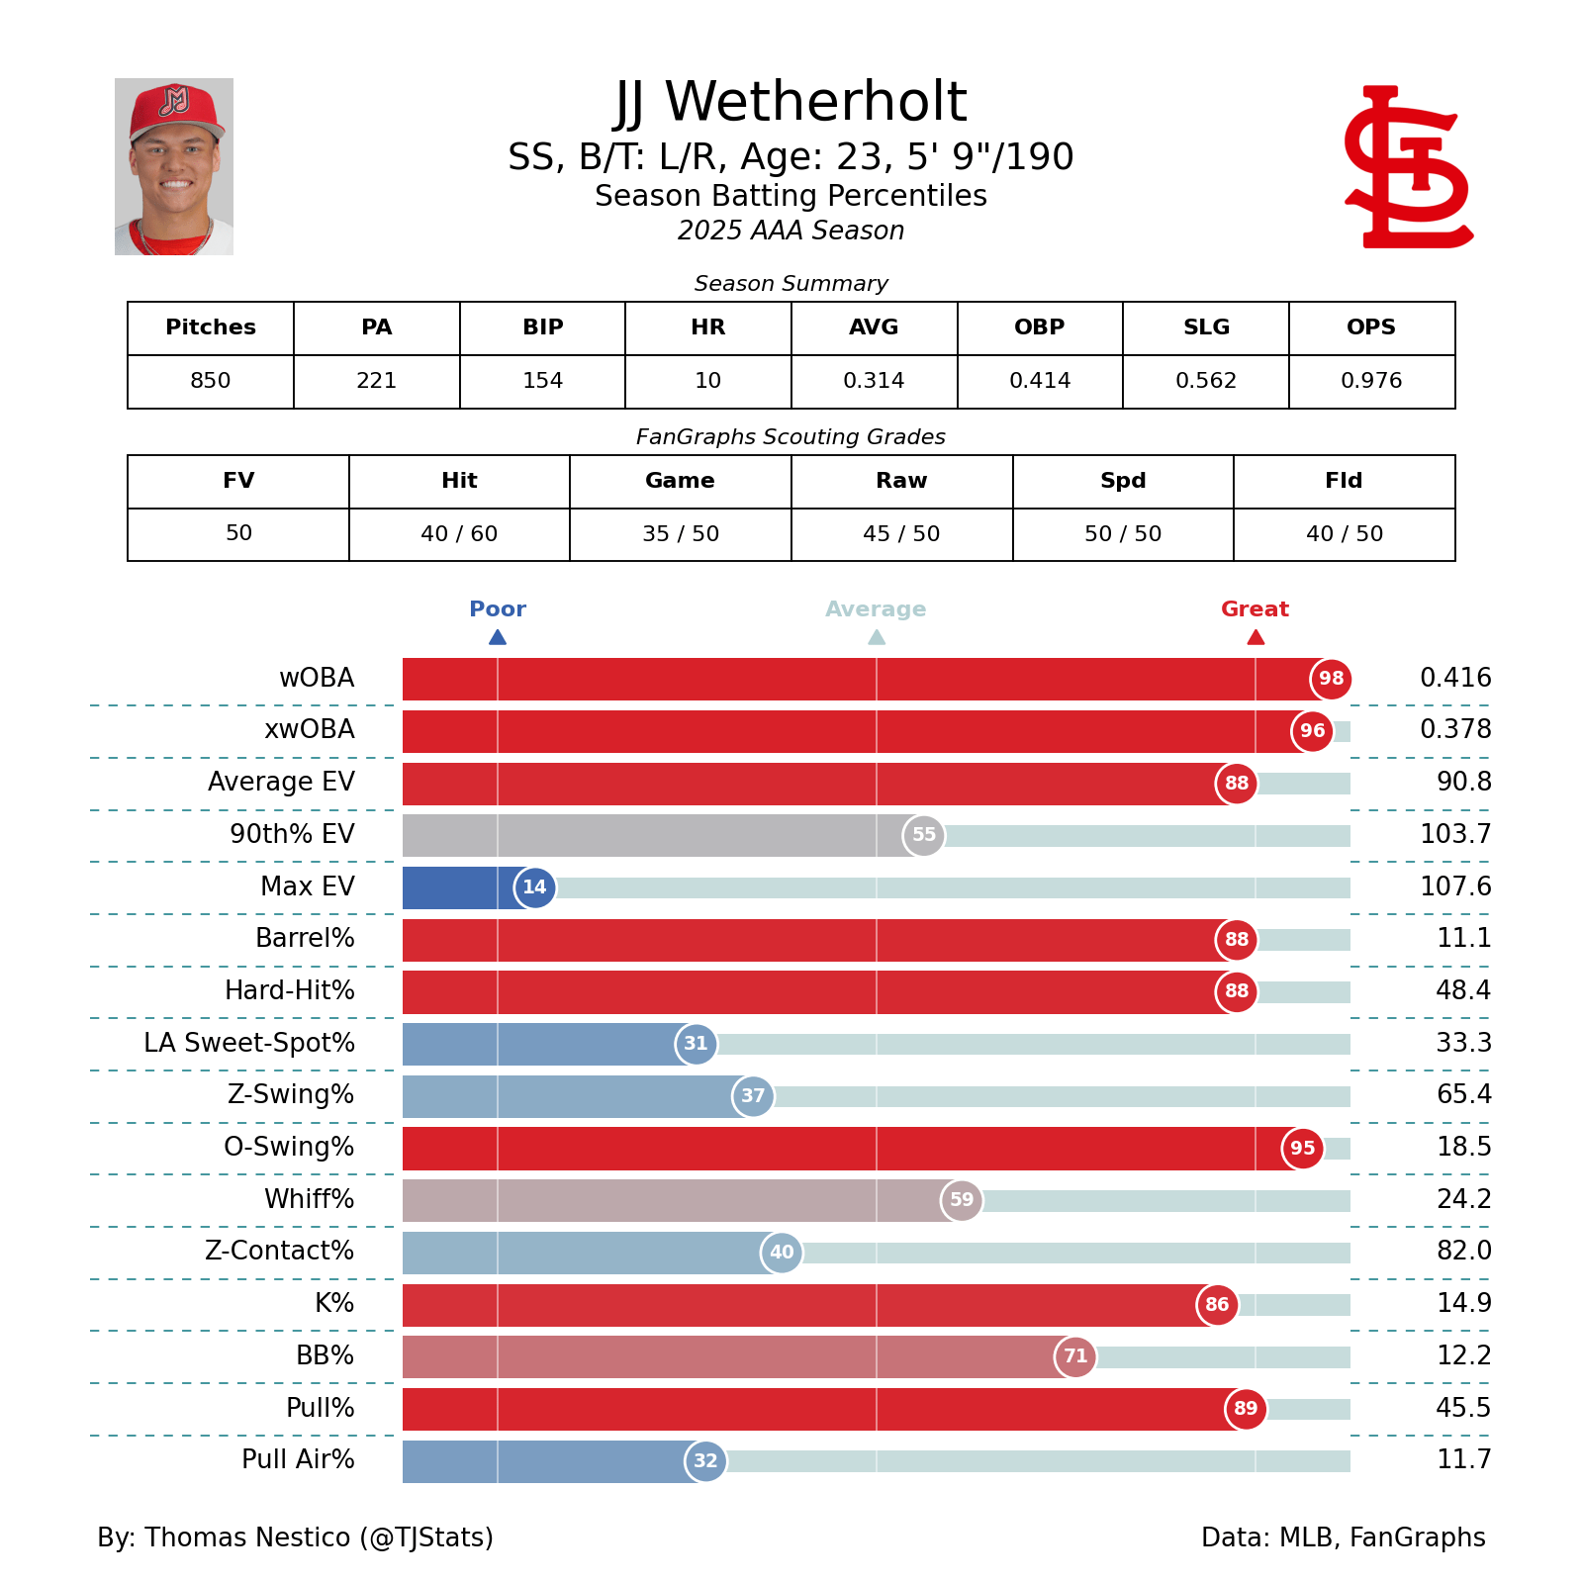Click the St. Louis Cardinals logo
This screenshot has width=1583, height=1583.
(1408, 167)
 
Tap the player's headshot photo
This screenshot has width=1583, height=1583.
(174, 167)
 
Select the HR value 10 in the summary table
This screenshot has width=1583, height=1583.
(707, 381)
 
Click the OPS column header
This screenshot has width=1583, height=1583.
(1370, 327)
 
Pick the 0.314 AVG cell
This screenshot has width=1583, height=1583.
(874, 381)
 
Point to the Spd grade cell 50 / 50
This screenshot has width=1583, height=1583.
(1122, 534)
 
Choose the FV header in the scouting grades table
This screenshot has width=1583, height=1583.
(238, 481)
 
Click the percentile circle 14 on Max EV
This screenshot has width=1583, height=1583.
(534, 887)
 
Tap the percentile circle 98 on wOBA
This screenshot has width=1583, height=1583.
(1331, 679)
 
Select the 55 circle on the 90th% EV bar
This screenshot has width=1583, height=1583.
(923, 835)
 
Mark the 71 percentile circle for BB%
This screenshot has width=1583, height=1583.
(1075, 1356)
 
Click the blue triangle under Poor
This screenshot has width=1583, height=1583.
(498, 637)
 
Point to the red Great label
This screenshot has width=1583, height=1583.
(1255, 609)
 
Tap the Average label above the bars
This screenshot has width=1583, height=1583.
(876, 609)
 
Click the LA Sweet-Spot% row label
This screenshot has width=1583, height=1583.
(249, 1043)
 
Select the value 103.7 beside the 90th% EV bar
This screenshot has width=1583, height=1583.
(1454, 834)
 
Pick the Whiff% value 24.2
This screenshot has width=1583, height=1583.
(1463, 1199)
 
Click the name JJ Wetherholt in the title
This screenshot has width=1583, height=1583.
(791, 102)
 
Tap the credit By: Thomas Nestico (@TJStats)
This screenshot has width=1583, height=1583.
(295, 1537)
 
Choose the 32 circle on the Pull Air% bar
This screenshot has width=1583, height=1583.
(705, 1461)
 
